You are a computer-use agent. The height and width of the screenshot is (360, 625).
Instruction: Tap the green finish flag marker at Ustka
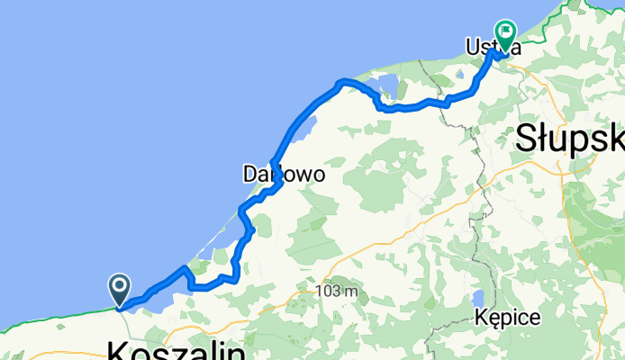(505, 37)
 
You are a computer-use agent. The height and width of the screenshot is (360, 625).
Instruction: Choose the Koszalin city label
(176, 350)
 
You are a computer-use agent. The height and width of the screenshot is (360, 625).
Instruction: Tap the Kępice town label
(509, 317)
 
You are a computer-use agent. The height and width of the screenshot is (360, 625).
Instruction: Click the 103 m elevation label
(337, 292)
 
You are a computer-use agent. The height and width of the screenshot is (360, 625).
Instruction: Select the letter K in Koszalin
(119, 350)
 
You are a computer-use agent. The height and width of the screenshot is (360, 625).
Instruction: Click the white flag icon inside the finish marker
(505, 33)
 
